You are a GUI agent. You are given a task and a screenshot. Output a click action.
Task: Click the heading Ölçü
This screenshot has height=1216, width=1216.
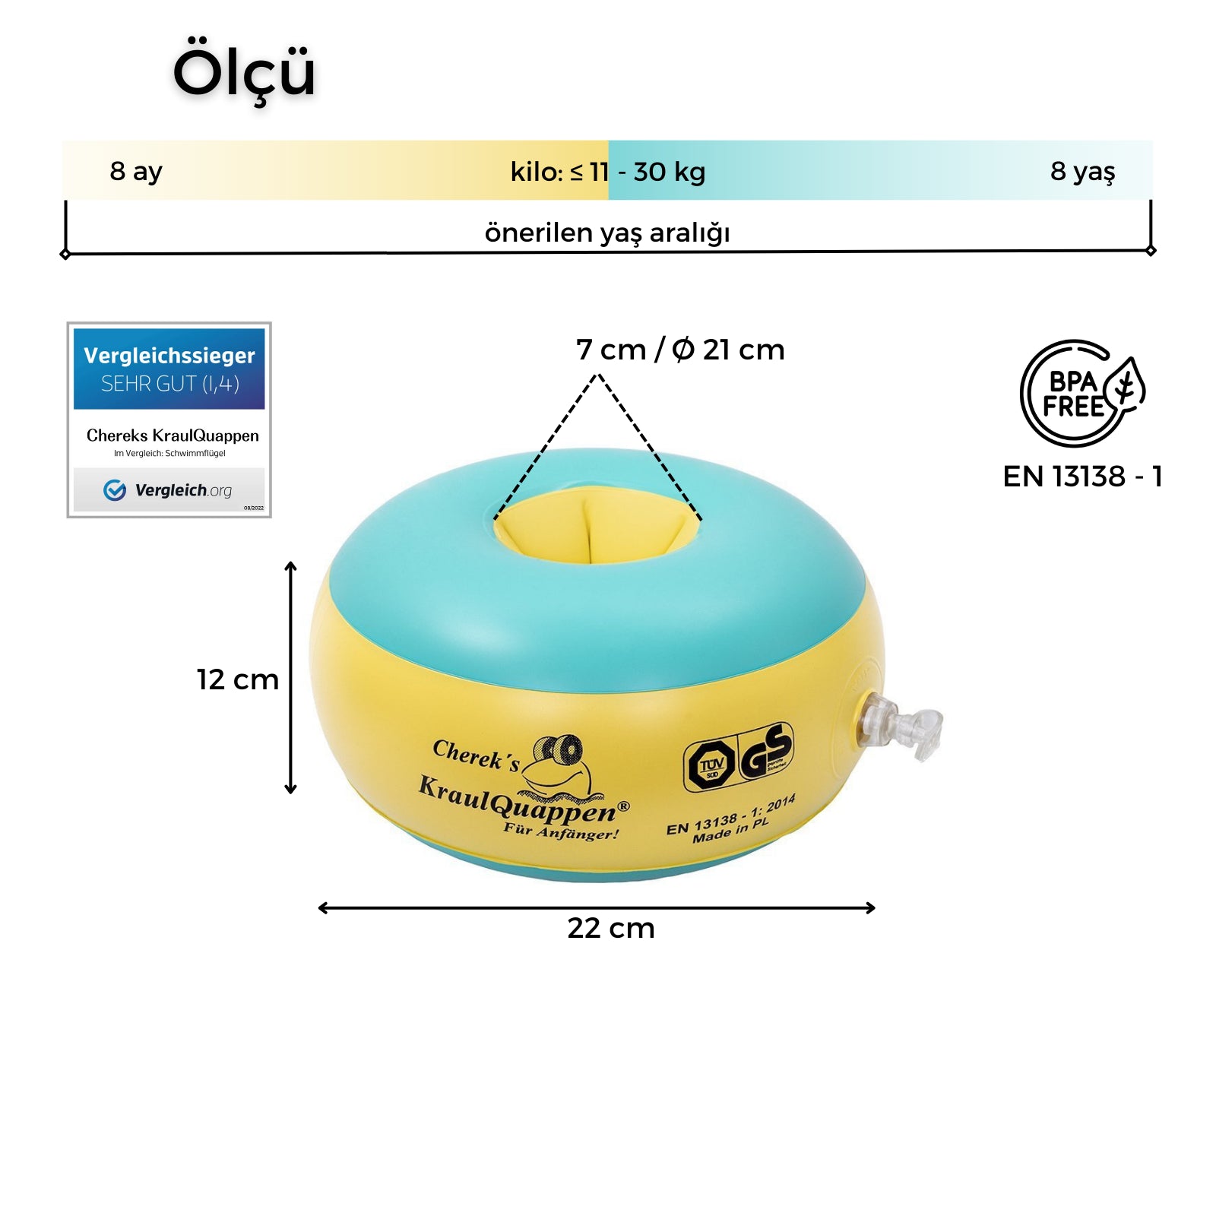[x=244, y=72]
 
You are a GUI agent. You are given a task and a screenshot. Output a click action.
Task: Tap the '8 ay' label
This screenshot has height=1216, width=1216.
[x=136, y=171]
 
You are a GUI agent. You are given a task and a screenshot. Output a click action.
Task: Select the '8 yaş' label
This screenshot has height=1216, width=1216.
[x=1082, y=171]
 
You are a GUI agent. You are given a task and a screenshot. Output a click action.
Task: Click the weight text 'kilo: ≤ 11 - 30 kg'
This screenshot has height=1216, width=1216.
[x=608, y=172]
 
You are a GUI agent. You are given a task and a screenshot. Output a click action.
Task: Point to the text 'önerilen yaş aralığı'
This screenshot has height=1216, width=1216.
[x=607, y=233]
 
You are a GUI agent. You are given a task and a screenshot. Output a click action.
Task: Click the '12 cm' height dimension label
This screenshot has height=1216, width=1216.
[x=238, y=679]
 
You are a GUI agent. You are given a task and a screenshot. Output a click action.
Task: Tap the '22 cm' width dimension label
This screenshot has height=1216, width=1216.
[x=611, y=928]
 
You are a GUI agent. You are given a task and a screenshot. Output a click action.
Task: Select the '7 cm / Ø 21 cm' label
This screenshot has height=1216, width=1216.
[x=680, y=350]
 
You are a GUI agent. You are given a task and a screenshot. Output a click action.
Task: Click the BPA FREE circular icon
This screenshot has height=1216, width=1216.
[x=1079, y=393]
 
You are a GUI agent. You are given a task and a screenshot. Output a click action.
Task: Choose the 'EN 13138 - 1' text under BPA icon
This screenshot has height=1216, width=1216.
[x=1082, y=477]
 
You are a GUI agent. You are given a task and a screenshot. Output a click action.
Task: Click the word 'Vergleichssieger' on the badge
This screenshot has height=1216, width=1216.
[x=169, y=356]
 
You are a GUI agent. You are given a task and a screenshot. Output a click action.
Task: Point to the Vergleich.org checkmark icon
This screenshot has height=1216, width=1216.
[x=115, y=490]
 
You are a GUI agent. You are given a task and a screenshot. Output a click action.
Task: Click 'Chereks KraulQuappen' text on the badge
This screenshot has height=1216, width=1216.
[x=173, y=435]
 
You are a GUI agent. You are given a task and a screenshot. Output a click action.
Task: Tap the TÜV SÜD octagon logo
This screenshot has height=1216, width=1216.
[x=711, y=765]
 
